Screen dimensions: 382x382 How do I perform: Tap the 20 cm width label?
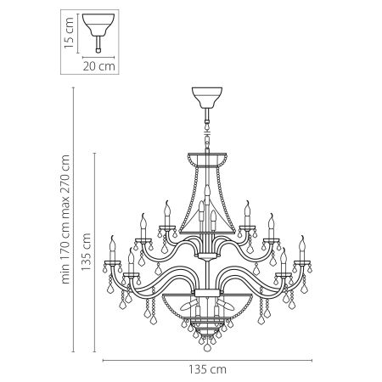point(100,64)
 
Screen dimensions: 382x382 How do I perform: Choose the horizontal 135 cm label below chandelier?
point(207,369)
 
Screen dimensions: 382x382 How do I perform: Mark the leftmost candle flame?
point(110,240)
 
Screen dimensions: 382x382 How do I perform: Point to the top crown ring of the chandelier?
point(206,155)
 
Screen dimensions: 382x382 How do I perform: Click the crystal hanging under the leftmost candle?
point(110,284)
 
